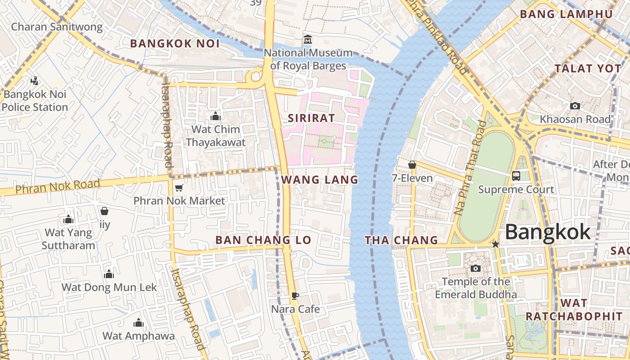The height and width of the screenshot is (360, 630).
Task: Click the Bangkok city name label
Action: point(547,232)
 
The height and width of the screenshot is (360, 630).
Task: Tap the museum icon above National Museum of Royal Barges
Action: point(308,40)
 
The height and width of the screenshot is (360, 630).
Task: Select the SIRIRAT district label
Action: point(311,118)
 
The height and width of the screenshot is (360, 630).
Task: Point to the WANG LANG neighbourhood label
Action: point(319,180)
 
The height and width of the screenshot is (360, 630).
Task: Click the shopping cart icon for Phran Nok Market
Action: point(179,188)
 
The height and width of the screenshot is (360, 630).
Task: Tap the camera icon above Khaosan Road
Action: point(575,106)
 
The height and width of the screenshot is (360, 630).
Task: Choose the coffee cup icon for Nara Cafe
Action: point(295,296)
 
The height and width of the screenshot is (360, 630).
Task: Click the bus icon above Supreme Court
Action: point(516,176)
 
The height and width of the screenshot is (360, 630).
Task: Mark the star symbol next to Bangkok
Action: point(495,244)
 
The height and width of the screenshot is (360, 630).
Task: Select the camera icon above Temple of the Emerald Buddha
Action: point(475,269)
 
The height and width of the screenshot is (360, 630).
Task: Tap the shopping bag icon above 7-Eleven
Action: point(412,165)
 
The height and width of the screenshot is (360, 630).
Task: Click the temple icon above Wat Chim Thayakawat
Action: point(216,117)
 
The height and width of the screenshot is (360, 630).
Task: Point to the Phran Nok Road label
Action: point(58,186)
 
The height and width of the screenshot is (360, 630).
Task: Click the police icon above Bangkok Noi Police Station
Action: point(34,81)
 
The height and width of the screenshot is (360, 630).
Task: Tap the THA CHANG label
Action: point(401,240)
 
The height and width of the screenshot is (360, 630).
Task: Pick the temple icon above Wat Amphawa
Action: point(139,323)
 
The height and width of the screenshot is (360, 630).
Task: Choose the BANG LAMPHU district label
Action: point(566,14)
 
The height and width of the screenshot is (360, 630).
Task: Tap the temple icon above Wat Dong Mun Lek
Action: point(109,274)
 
